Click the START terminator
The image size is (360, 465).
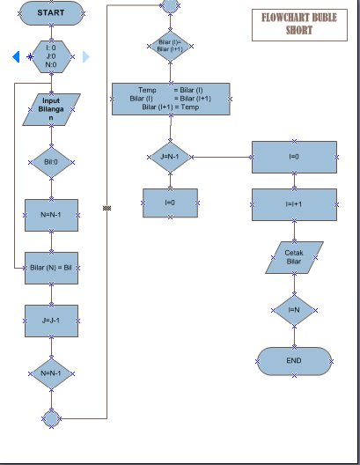[x=51, y=13]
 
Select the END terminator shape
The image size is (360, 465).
[x=294, y=361]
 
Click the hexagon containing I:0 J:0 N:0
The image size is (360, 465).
[x=51, y=56]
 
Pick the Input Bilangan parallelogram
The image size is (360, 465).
[x=51, y=110]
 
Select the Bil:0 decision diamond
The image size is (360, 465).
[x=51, y=162]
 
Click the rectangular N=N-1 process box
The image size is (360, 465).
[x=51, y=213]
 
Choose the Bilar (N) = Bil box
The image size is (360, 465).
[x=51, y=267]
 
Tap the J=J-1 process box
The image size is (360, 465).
[x=51, y=321]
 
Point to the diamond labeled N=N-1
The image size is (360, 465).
[x=51, y=373]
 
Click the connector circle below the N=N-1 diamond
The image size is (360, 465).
[x=51, y=417]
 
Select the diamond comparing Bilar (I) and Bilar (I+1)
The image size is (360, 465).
[x=169, y=46]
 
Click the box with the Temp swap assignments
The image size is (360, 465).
[x=171, y=99]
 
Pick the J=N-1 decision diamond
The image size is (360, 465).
[x=170, y=158]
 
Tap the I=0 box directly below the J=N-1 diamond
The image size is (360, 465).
[x=170, y=203]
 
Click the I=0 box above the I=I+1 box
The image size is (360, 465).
[x=294, y=157]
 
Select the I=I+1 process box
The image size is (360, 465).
[x=294, y=204]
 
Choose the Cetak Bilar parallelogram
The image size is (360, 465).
[x=294, y=257]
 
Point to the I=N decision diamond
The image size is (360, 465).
[x=294, y=309]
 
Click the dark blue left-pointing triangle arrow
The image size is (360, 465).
[x=16, y=57]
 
